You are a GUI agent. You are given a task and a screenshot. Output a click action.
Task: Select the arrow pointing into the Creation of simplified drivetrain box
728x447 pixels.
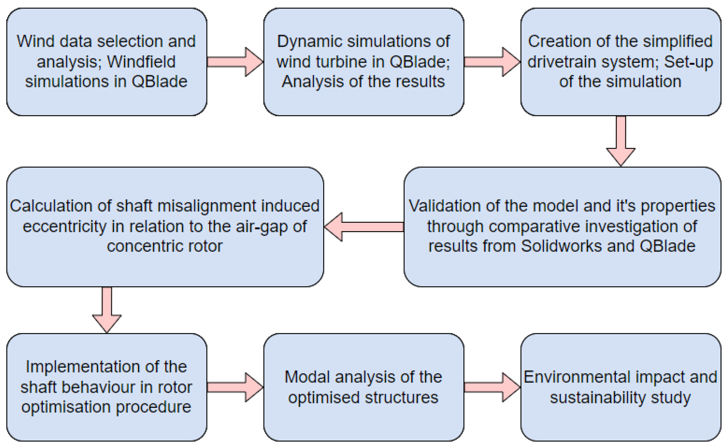coord(492,62)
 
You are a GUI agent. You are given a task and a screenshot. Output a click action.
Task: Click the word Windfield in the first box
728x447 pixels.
coord(141,62)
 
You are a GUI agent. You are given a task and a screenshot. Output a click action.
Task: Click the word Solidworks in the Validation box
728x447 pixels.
coord(561,246)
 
